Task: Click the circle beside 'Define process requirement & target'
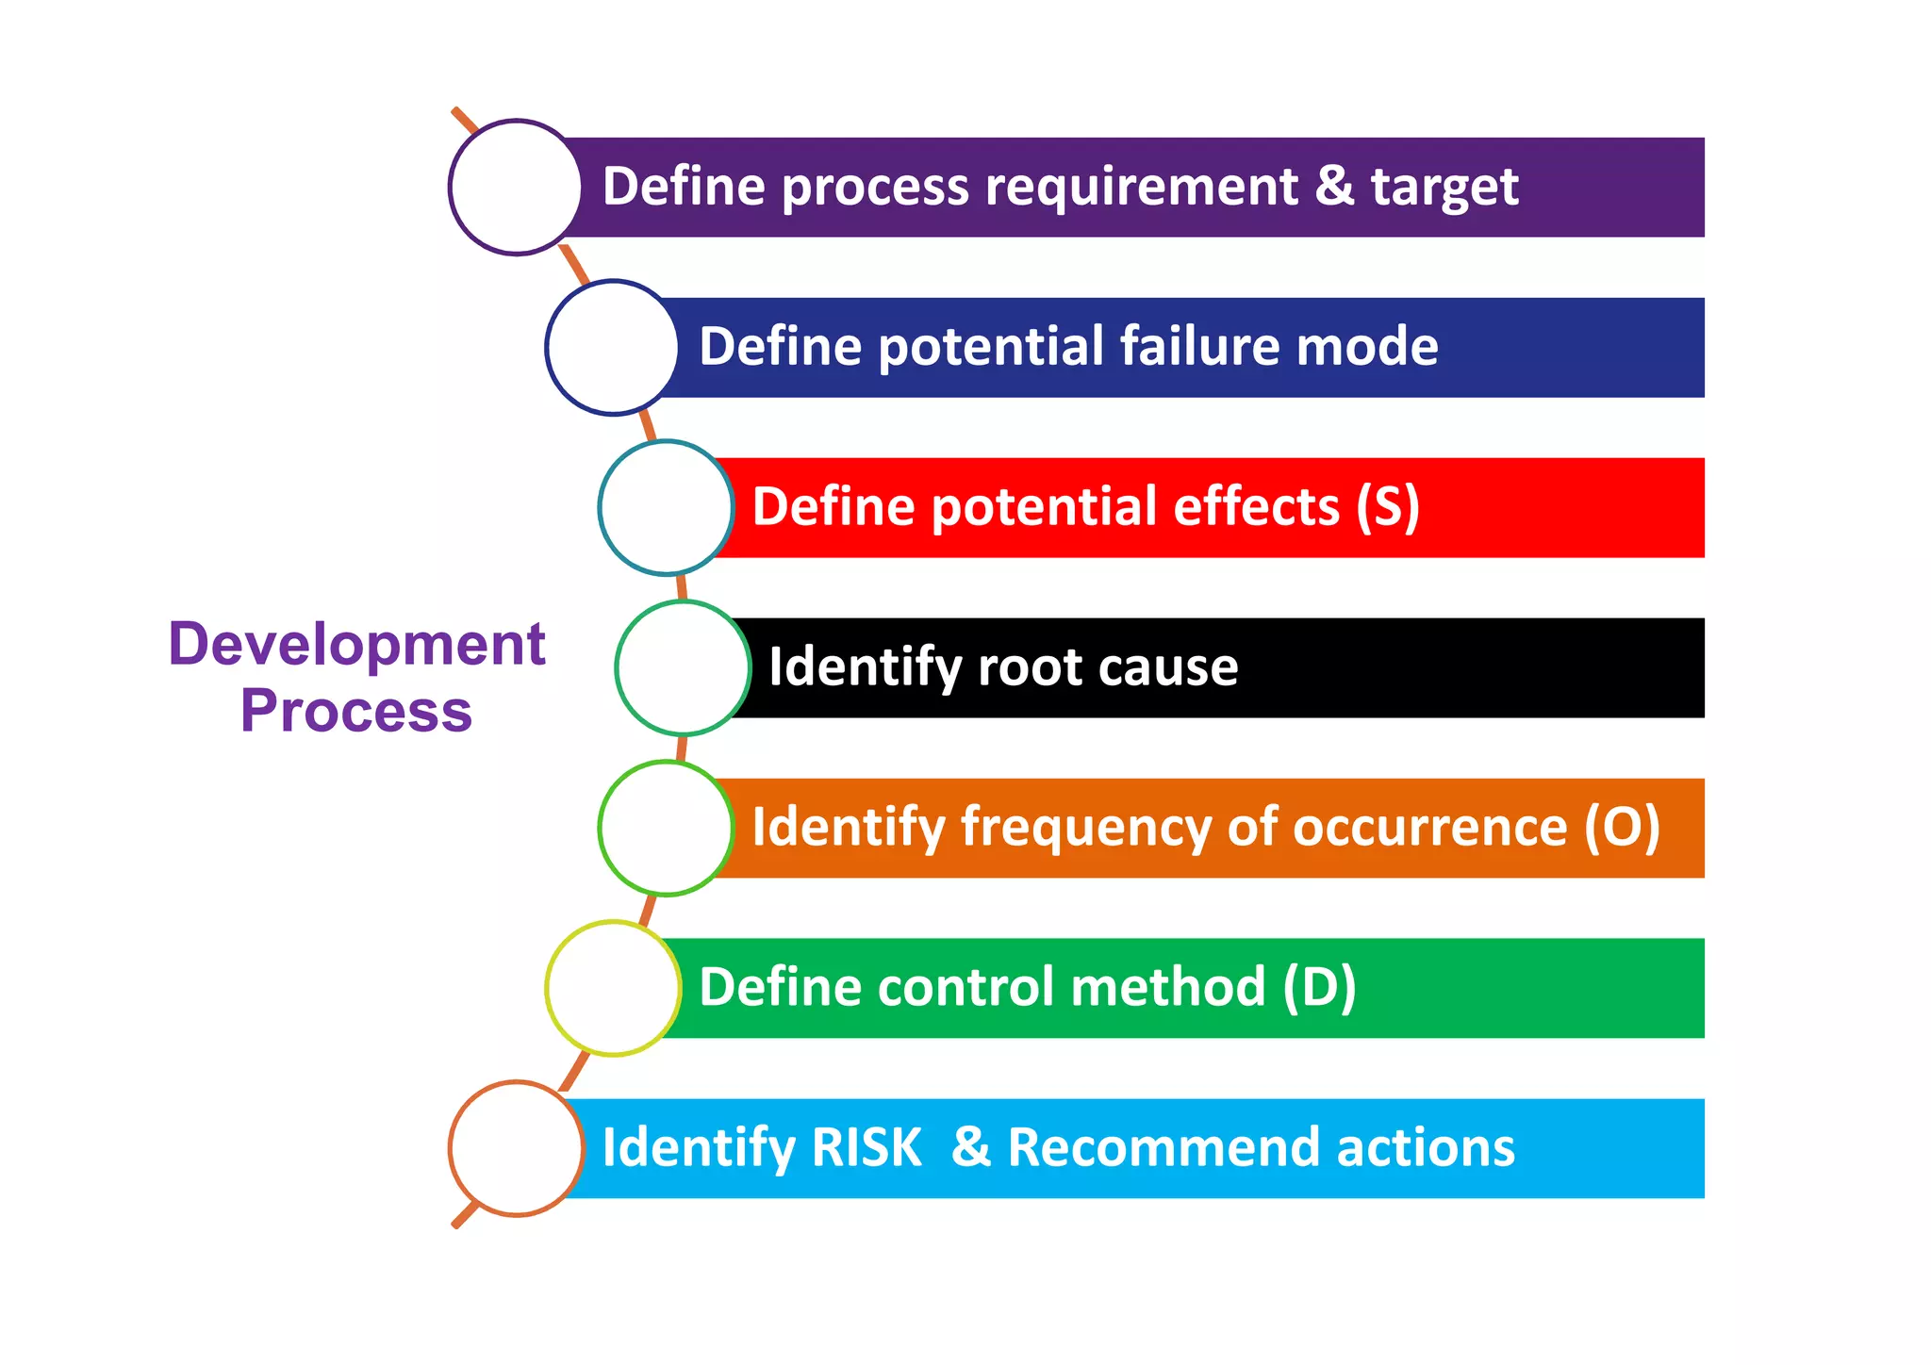(x=516, y=187)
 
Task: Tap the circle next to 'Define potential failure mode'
(x=612, y=347)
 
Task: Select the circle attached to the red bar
(x=666, y=507)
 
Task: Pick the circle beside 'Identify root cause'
(x=683, y=667)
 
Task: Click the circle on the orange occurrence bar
(x=666, y=828)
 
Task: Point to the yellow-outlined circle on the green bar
(x=613, y=988)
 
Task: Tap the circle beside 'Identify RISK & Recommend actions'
(x=516, y=1148)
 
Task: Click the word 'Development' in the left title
(x=356, y=645)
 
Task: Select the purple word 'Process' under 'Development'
(x=356, y=711)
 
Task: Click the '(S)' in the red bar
(x=1387, y=507)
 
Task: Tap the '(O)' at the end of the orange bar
(x=1621, y=828)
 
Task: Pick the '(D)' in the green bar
(x=1319, y=988)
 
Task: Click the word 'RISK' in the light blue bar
(x=866, y=1148)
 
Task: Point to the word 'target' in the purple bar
(x=1444, y=187)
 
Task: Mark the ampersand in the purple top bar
(x=1334, y=186)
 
